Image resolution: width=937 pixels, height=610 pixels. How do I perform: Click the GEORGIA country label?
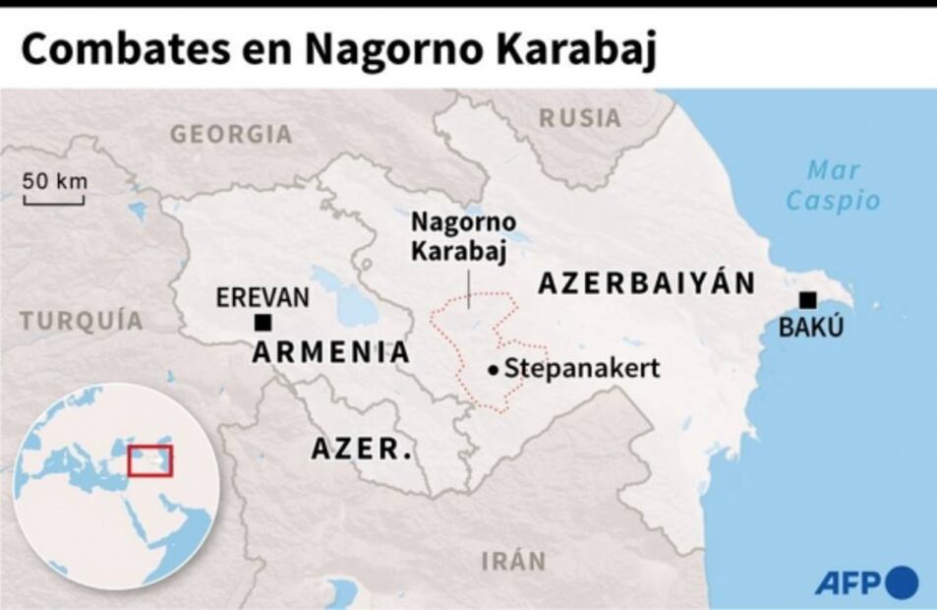tap(232, 134)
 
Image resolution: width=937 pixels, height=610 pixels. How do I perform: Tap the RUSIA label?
tap(580, 118)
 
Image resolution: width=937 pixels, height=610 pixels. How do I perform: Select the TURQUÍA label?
tap(82, 321)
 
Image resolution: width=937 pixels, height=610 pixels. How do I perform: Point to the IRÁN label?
tap(513, 562)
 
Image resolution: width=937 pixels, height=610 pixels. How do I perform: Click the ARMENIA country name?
tap(331, 352)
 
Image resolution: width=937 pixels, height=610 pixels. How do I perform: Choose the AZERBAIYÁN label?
tap(647, 283)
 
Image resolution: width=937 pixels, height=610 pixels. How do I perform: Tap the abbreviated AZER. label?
tap(362, 449)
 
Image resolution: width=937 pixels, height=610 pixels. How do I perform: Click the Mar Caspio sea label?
tap(833, 185)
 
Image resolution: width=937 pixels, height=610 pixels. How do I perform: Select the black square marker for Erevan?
tap(263, 323)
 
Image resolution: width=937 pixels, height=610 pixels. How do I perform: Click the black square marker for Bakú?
tap(808, 300)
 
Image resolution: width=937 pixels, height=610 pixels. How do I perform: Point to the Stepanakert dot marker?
tap(493, 370)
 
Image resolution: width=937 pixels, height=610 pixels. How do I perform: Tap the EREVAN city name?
tap(263, 297)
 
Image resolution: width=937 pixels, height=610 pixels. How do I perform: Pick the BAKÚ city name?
tap(811, 328)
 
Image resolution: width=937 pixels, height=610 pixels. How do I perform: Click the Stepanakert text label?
tap(581, 369)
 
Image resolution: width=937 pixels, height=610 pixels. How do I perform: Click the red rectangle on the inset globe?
tap(150, 460)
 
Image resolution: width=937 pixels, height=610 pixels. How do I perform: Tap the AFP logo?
tap(866, 581)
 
